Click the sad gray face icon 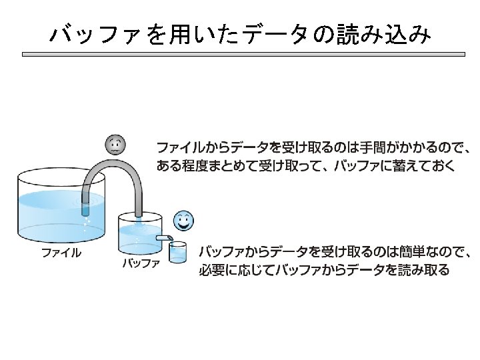tap(116, 144)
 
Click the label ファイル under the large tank tap(62, 253)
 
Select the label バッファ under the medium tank tap(141, 264)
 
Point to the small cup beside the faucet tap(177, 253)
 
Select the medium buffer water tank tap(139, 233)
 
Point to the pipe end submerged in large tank tap(85, 208)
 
